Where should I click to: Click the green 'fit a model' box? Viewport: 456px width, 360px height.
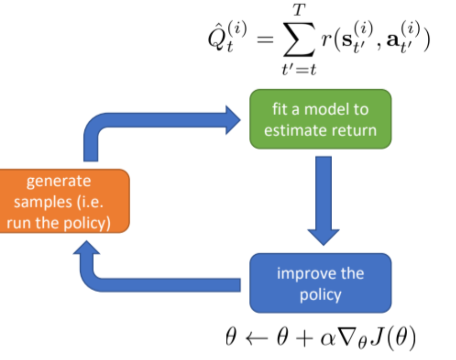pyautogui.click(x=320, y=119)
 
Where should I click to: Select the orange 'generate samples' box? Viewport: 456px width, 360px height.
pyautogui.click(x=64, y=201)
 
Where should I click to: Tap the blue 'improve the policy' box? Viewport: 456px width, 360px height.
pyautogui.click(x=320, y=283)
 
